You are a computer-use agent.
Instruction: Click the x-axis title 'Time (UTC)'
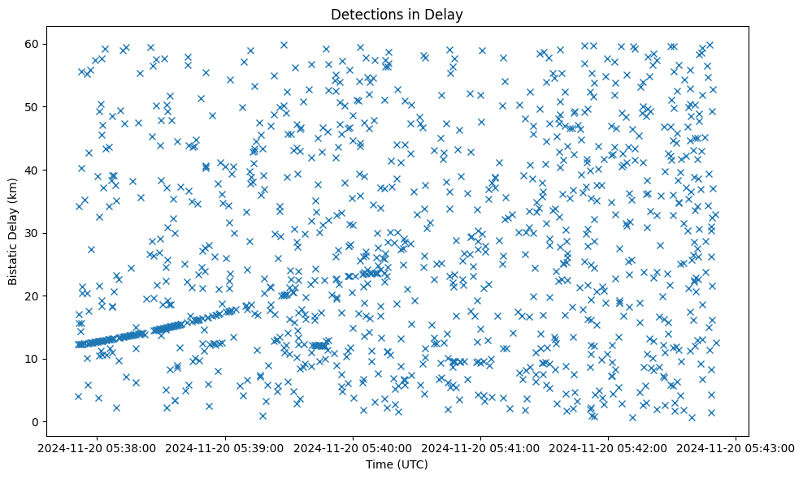[x=397, y=465]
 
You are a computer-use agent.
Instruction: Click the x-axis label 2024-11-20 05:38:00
[x=98, y=447]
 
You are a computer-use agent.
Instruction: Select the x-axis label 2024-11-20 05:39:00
[x=225, y=447]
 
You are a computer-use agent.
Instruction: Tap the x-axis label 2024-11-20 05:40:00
[x=354, y=447]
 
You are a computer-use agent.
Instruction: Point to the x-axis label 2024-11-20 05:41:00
[x=481, y=447]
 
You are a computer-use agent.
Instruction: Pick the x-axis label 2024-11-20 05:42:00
[x=609, y=447]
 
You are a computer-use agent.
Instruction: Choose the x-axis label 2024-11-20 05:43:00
[x=736, y=447]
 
